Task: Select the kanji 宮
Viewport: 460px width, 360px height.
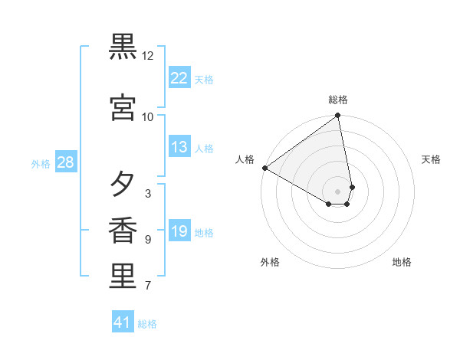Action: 123,107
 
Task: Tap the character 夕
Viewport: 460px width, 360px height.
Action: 123,184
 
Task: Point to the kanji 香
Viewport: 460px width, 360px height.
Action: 123,231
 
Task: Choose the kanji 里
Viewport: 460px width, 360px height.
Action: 123,277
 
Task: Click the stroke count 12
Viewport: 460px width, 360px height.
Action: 148,56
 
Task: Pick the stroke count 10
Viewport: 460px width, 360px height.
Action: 148,117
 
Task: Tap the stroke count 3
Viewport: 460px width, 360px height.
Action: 147,194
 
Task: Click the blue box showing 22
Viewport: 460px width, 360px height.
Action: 179,77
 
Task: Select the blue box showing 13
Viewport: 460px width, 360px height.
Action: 179,147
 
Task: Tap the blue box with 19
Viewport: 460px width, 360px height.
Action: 179,231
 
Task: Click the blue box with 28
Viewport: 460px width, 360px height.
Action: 65,162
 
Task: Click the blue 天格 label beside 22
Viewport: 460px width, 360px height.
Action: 204,79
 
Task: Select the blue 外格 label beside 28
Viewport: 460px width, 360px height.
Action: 41,163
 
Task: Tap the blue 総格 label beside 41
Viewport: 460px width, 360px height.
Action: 147,324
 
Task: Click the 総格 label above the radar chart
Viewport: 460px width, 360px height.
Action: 338,100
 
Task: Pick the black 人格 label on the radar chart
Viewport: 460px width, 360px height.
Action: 245,159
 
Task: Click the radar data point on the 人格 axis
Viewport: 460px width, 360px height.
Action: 264,168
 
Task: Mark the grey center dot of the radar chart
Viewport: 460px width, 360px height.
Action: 338,191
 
